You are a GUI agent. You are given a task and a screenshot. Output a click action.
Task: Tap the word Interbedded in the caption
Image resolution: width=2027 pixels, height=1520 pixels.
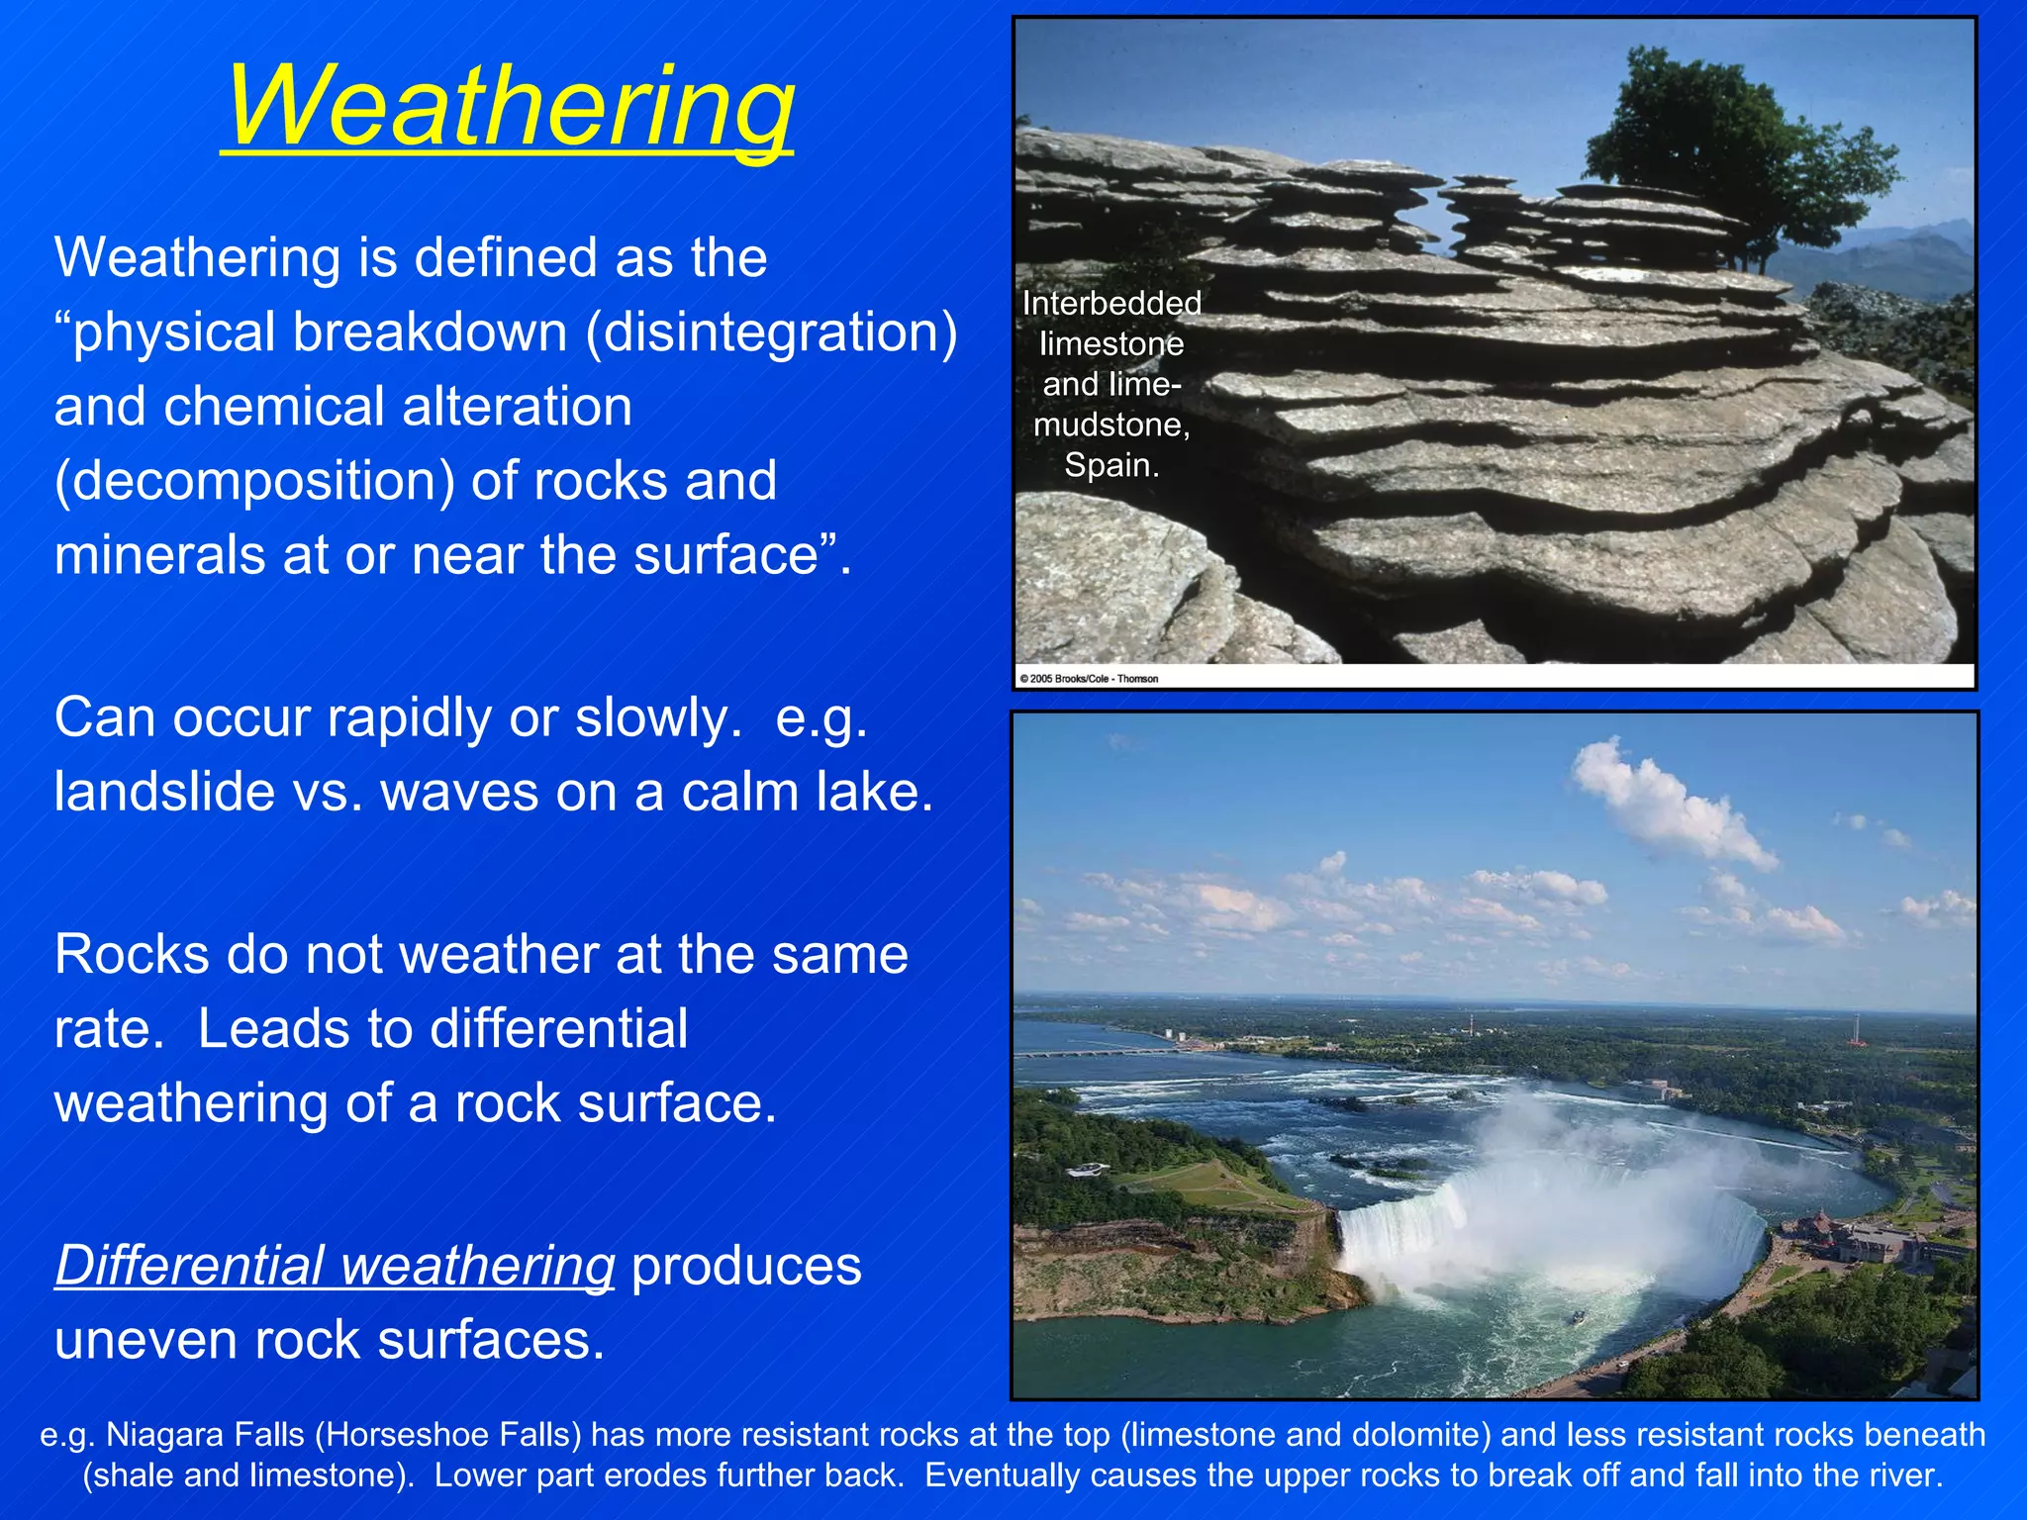(1111, 303)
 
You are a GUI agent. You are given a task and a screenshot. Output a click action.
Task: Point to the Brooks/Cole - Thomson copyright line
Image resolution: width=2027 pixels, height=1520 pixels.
(1089, 679)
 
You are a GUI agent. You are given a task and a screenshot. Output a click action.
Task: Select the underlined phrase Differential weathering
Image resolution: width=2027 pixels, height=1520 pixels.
(335, 1266)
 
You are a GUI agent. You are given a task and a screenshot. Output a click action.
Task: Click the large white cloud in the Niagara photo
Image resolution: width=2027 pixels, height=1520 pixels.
(1673, 802)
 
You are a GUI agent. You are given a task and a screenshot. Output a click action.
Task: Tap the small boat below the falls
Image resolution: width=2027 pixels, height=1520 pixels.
(1580, 1318)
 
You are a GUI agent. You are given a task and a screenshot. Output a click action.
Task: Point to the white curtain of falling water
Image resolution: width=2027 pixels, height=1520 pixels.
(1405, 1232)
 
